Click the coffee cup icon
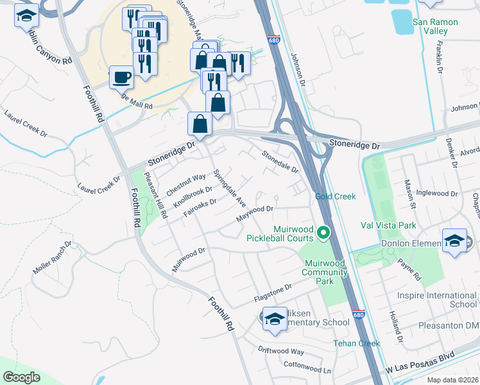pos(121,78)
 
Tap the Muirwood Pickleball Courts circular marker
pos(325,233)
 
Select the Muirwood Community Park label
pos(324,268)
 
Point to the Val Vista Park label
pos(388,225)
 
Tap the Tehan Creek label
pos(356,343)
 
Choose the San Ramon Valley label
pos(438,26)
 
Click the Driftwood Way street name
pos(280,351)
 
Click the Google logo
pos(22,377)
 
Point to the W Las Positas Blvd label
pos(420,372)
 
